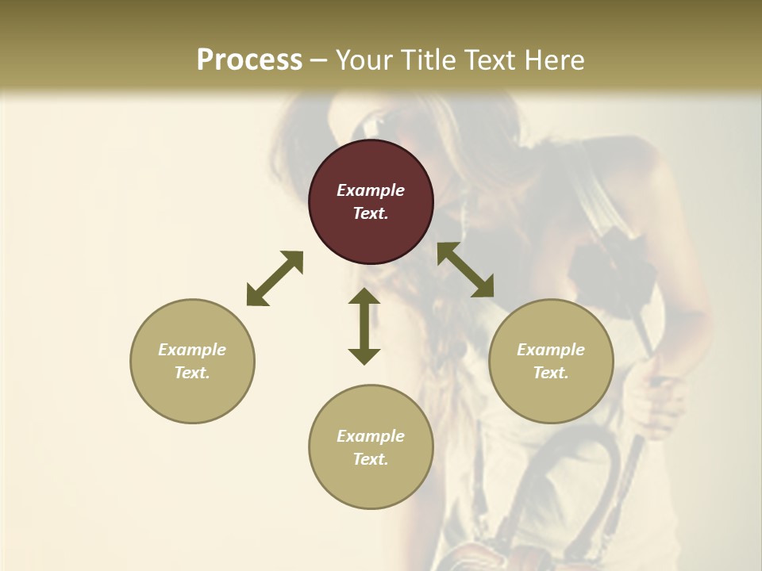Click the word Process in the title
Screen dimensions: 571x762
[x=249, y=60]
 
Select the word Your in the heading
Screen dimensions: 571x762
[x=364, y=60]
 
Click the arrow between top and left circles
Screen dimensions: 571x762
[x=275, y=278]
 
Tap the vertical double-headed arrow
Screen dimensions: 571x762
[x=364, y=326]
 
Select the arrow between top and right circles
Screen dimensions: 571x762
[x=465, y=270]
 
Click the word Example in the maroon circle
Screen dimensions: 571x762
[x=371, y=190]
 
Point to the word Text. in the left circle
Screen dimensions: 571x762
[x=192, y=373]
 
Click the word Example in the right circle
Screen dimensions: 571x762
[x=551, y=350]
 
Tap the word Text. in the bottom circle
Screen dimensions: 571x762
[x=371, y=459]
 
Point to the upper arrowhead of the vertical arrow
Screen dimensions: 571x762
[x=364, y=298]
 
